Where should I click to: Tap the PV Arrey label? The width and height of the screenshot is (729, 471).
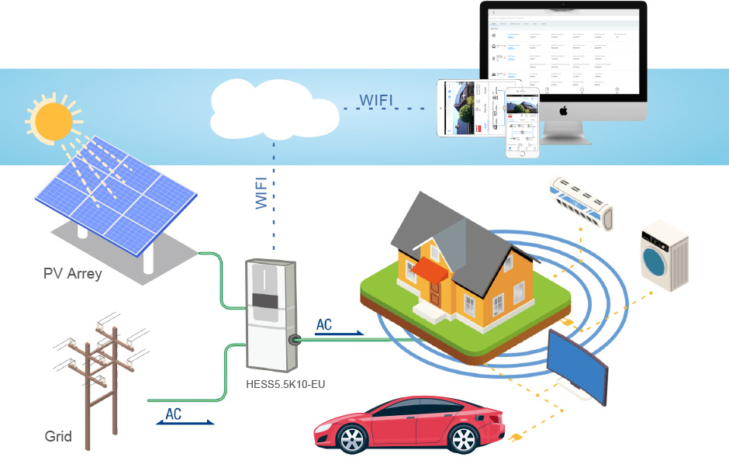pos(72,274)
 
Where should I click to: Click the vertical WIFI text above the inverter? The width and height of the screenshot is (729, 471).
pos(261,193)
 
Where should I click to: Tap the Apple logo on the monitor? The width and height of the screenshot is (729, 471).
pos(564,110)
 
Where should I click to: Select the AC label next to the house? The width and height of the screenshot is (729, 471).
pos(324,324)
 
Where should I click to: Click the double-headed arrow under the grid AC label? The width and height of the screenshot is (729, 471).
pos(185,423)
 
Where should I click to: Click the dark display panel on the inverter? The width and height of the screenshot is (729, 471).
pos(266,301)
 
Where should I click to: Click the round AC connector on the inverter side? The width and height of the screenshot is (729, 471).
pos(295,340)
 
